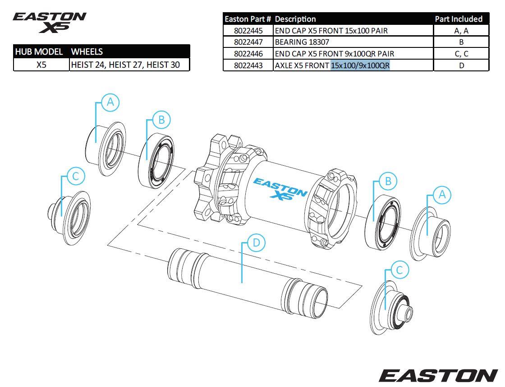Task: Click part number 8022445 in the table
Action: (248, 31)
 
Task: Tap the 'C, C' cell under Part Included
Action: (461, 54)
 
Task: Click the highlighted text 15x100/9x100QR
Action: (360, 65)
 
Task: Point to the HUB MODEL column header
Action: (39, 51)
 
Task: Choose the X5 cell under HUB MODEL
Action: (41, 65)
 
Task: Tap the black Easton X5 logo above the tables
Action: (50, 22)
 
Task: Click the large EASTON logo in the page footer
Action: (437, 375)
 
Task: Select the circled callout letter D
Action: (256, 243)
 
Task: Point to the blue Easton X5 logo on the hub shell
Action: (280, 189)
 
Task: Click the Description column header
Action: (295, 19)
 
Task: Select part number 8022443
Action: (248, 65)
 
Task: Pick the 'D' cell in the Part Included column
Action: (461, 65)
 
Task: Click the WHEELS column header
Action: (87, 51)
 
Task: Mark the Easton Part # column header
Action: (248, 19)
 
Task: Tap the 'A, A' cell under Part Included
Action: (461, 31)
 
